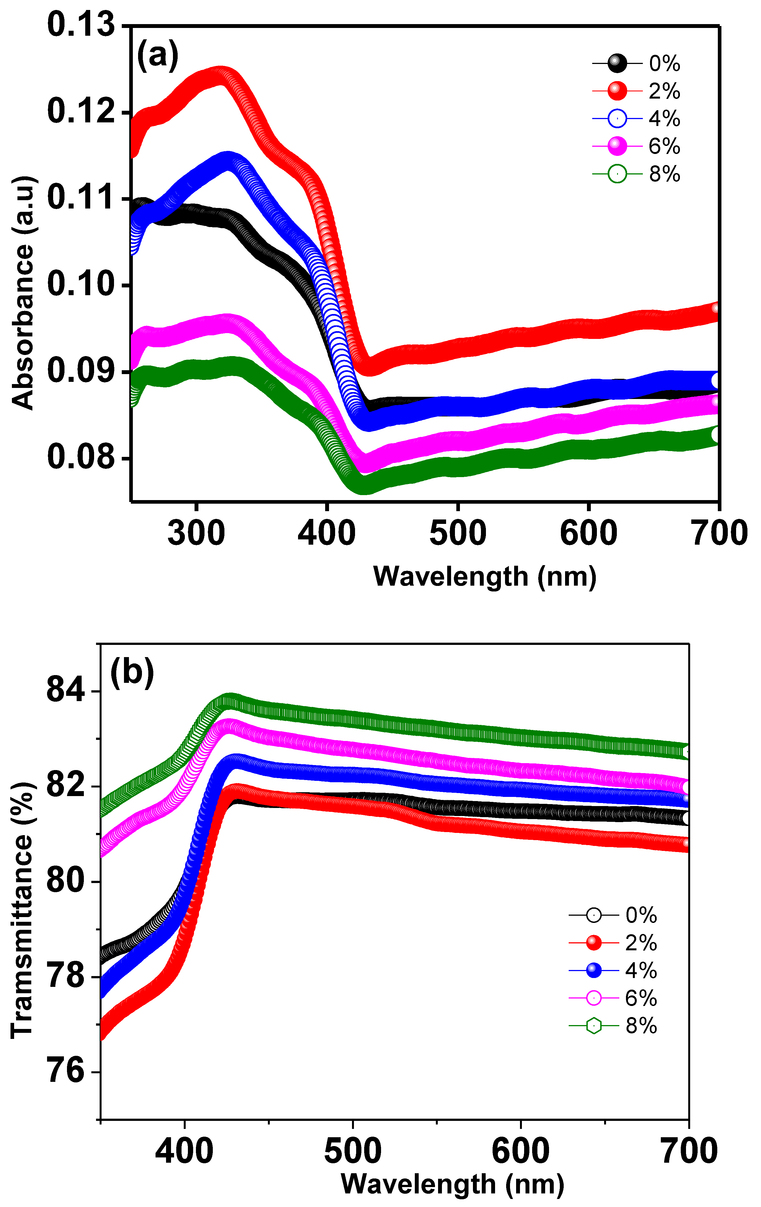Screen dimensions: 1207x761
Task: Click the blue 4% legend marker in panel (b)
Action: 594,971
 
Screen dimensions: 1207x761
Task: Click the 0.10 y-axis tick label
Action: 81,284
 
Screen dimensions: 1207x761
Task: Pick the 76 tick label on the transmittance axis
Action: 66,1071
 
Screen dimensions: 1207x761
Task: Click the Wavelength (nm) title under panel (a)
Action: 485,577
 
